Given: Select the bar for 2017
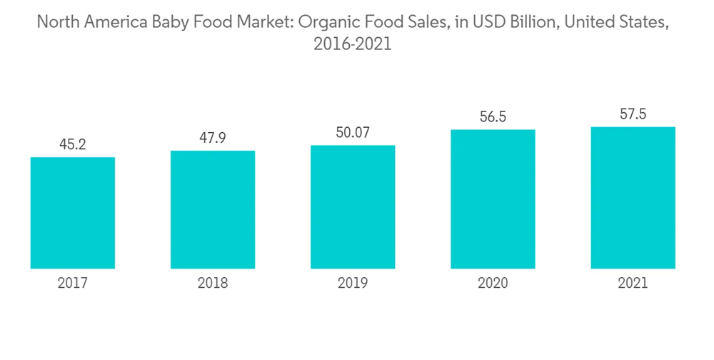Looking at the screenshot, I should click(73, 213).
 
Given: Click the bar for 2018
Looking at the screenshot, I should click(213, 209).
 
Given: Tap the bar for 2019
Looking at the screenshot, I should click(353, 207).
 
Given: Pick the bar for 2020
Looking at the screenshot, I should click(493, 199).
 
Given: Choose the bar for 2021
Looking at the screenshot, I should click(633, 198).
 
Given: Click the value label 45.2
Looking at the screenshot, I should click(73, 145).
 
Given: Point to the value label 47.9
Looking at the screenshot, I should click(213, 139).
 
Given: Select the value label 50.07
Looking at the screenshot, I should click(353, 133).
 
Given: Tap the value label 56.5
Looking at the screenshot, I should click(493, 117).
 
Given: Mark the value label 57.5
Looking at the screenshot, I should click(633, 114).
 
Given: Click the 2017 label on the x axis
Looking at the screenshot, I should click(73, 284).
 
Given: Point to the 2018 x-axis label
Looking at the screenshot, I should click(213, 284).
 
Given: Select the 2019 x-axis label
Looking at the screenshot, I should click(353, 284).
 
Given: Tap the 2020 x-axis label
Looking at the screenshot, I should click(493, 284).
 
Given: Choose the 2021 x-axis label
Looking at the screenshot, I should click(633, 284).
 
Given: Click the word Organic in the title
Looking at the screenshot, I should click(324, 22).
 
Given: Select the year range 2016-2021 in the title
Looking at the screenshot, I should click(353, 44).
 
